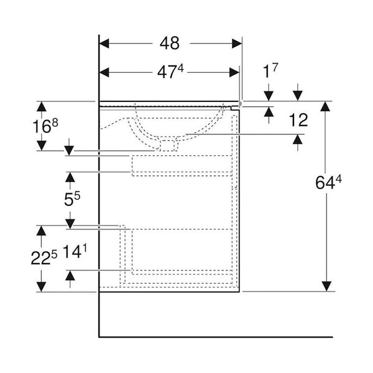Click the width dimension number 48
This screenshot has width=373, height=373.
(169, 44)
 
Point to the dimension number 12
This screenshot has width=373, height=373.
(298, 120)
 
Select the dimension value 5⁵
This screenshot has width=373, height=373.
(73, 200)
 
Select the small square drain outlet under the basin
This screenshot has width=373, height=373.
(167, 145)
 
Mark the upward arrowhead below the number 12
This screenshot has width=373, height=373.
(298, 140)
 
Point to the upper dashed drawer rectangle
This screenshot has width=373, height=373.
(182, 165)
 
